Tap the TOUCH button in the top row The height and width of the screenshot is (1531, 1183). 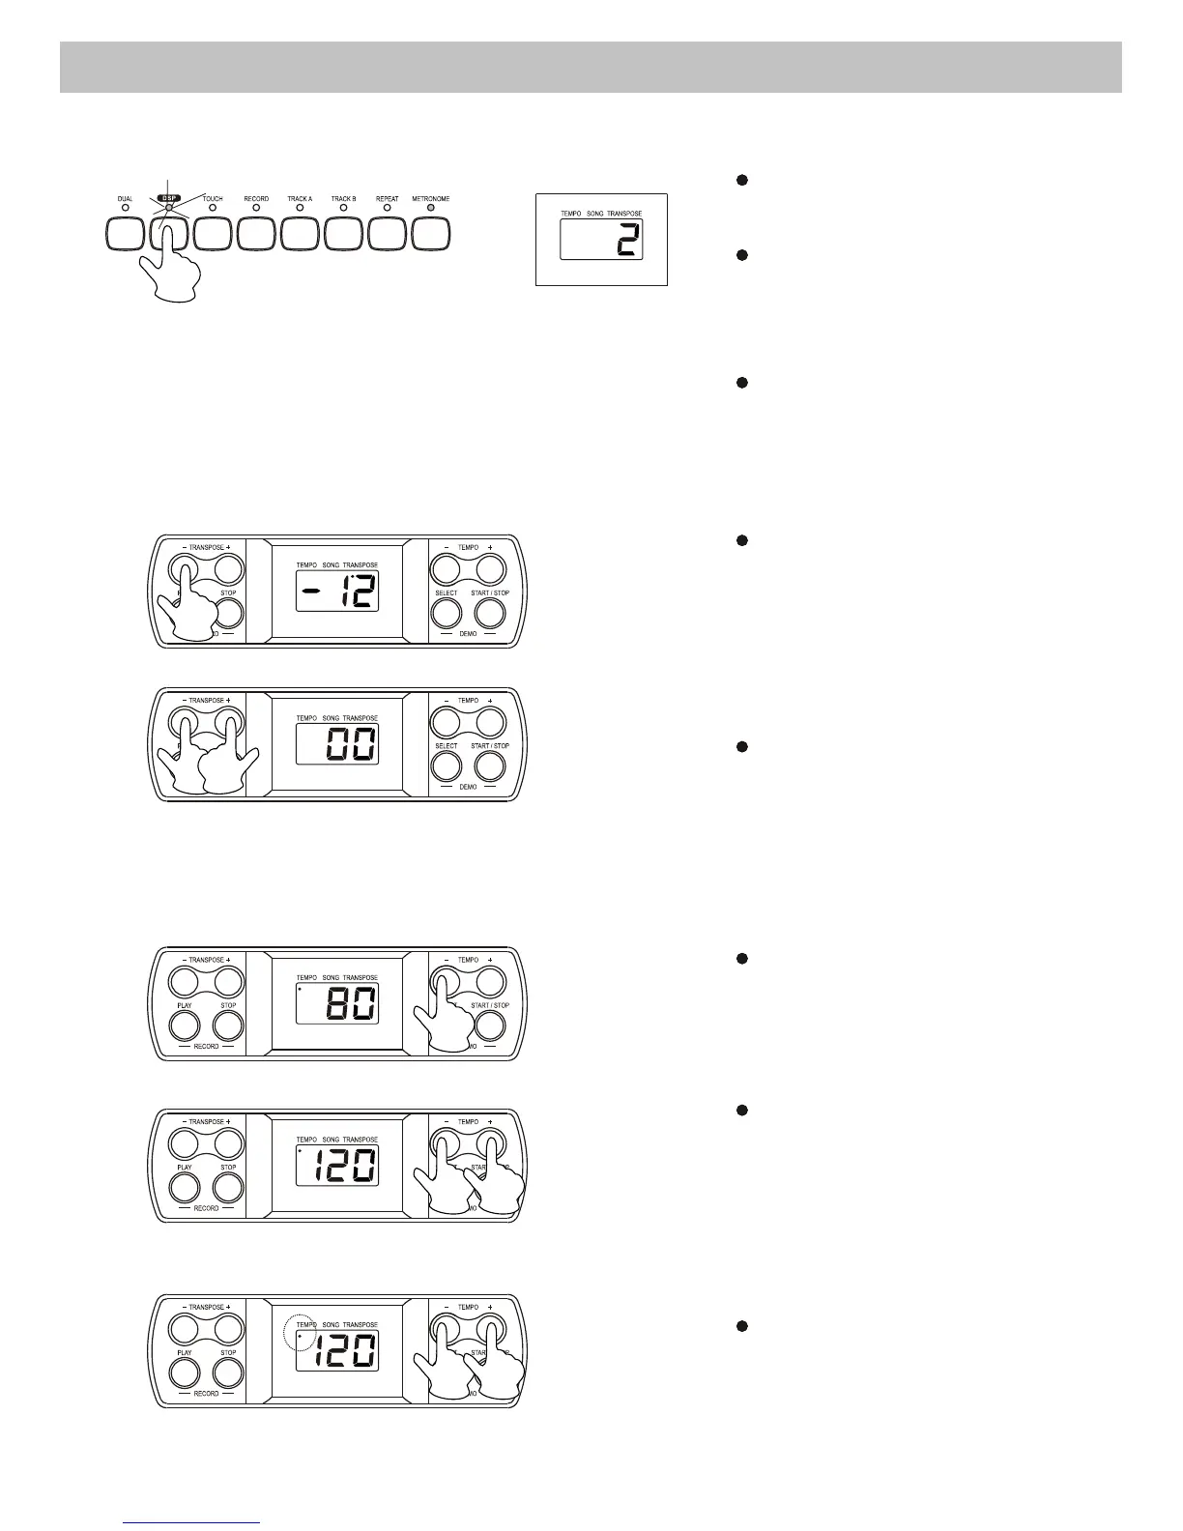[213, 233]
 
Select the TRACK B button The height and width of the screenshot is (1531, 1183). [343, 233]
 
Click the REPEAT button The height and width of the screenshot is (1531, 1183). [387, 233]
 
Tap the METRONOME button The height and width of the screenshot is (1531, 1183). [431, 233]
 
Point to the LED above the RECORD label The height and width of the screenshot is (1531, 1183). [256, 207]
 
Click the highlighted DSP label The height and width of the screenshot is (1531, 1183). [169, 198]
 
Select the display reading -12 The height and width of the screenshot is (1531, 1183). [336, 591]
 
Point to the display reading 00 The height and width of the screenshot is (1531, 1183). [336, 744]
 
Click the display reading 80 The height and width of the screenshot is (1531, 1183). [336, 1004]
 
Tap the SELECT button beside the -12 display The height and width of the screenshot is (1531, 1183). [446, 613]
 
